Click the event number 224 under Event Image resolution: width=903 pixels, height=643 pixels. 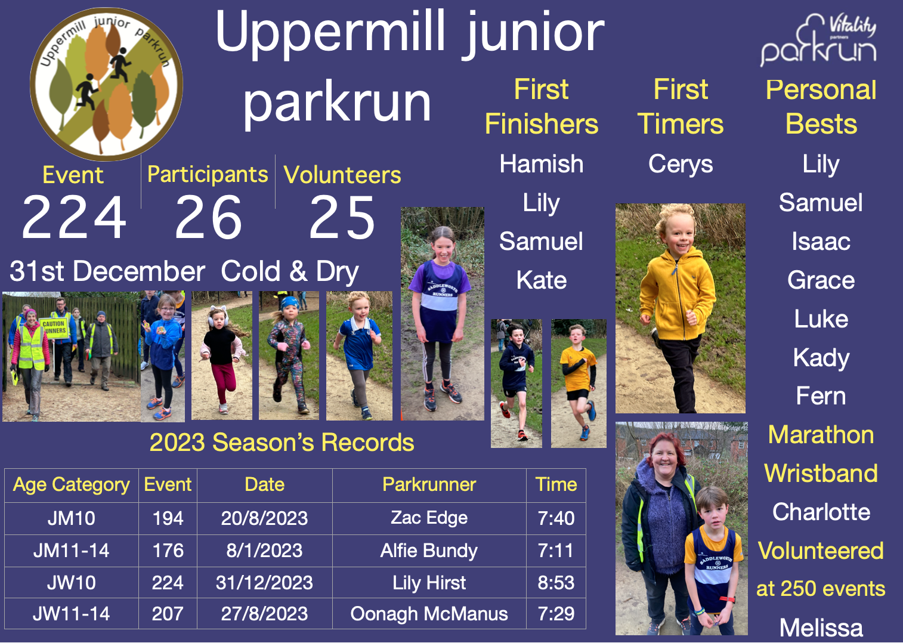(x=74, y=218)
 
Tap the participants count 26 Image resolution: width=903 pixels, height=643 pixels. (x=208, y=218)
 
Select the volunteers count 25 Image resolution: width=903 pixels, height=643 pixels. (x=342, y=218)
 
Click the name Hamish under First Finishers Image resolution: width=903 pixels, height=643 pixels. (x=542, y=164)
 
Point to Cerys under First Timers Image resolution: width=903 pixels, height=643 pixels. (x=681, y=164)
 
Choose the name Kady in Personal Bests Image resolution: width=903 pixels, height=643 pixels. (x=821, y=358)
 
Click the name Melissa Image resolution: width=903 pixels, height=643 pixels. (x=821, y=627)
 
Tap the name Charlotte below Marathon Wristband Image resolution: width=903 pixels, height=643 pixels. (x=821, y=512)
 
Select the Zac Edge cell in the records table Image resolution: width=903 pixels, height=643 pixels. (x=429, y=518)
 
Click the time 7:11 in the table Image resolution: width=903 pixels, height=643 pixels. (x=556, y=551)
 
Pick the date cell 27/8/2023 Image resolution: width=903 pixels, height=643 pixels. (x=264, y=614)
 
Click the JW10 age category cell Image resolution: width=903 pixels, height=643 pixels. (x=71, y=582)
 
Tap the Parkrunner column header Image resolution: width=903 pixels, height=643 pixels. (x=429, y=484)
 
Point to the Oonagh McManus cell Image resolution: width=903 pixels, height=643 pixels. (x=429, y=614)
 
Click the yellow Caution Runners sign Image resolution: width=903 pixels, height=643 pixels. (x=55, y=327)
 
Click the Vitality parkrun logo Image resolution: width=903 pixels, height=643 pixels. (x=818, y=41)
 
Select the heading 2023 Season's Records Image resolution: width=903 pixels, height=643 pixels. (x=282, y=443)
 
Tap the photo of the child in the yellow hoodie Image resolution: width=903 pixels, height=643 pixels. (x=680, y=308)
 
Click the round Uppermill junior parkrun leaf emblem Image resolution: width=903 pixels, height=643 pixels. (x=106, y=84)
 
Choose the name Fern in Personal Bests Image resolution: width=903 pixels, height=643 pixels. (x=821, y=396)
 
